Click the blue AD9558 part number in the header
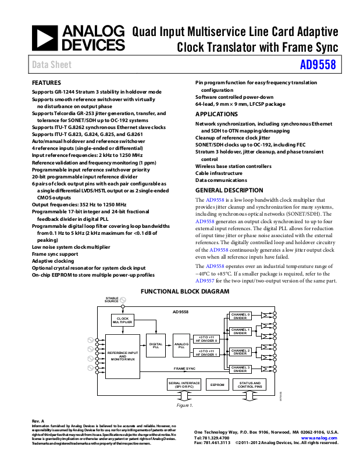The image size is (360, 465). click(318, 65)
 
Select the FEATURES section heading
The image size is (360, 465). click(46, 83)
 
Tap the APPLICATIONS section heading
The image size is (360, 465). click(217, 115)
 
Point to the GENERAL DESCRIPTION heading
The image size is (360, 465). click(229, 190)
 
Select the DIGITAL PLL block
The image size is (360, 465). click(156, 346)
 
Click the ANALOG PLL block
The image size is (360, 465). click(181, 346)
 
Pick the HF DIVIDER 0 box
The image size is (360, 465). click(206, 339)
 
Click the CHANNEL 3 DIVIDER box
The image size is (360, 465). click(240, 369)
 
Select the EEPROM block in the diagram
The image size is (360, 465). click(217, 385)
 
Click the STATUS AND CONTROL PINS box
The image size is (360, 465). click(250, 385)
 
